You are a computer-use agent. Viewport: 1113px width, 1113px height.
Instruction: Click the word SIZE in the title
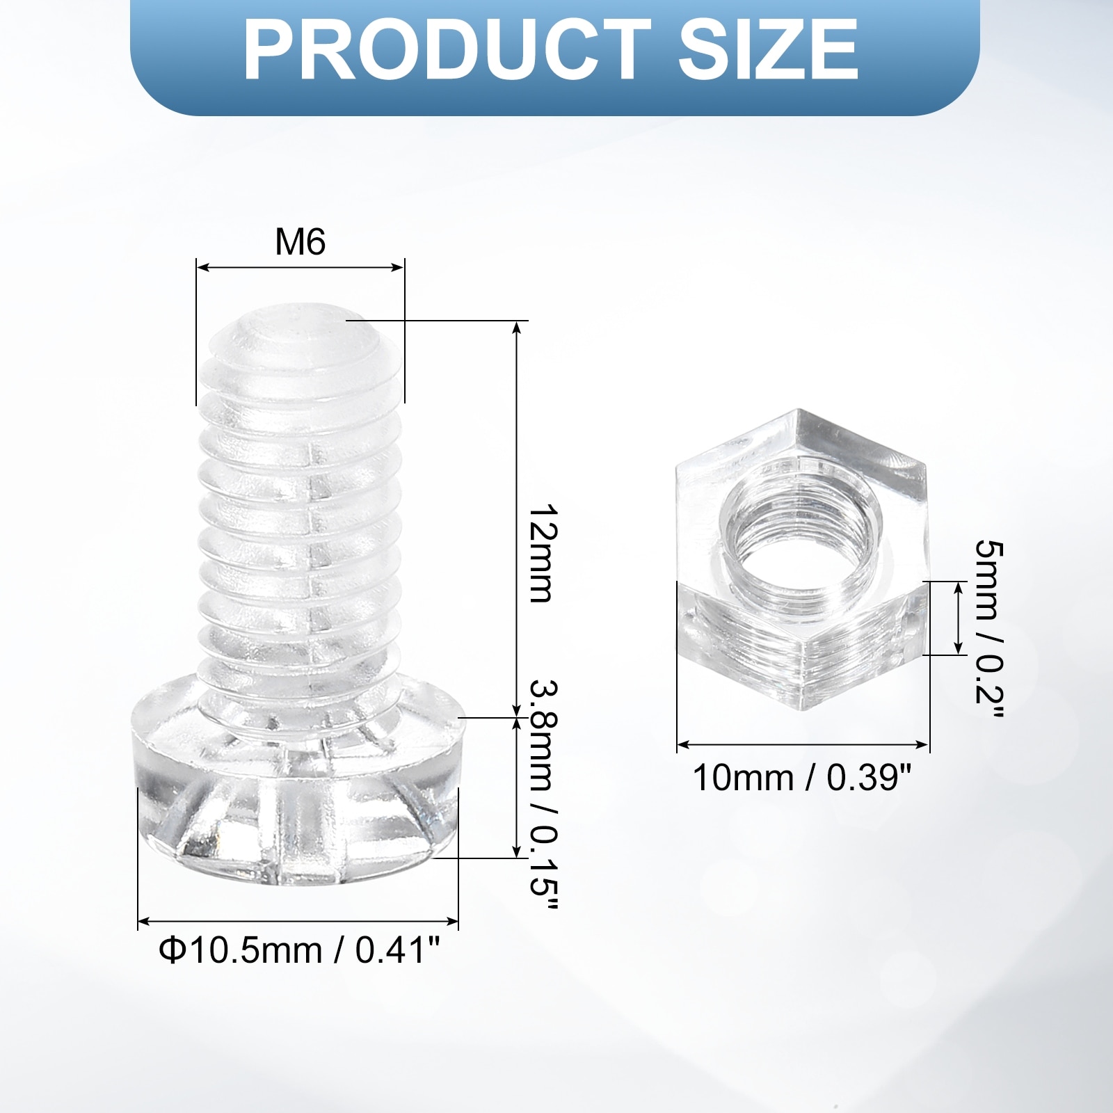tap(768, 50)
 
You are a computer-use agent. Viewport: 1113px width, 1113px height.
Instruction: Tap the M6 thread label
tap(300, 242)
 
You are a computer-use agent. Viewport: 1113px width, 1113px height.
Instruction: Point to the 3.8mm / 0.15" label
tap(543, 793)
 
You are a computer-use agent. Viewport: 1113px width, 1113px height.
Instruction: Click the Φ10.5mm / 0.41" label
tap(300, 950)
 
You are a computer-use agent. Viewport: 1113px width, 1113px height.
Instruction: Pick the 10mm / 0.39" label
tap(801, 777)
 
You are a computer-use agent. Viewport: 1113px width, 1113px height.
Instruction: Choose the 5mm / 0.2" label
tap(988, 630)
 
